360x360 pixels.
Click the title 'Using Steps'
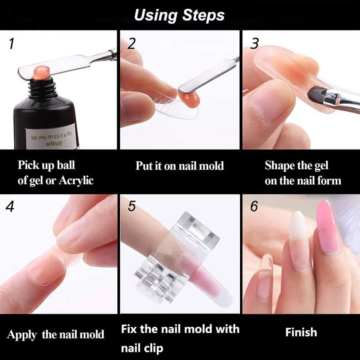click(179, 15)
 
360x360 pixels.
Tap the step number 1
click(11, 44)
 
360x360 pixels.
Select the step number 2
click(131, 43)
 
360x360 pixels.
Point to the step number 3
click(254, 44)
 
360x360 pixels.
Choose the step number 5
click(132, 207)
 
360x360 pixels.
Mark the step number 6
click(254, 207)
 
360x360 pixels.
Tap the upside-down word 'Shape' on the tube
click(49, 143)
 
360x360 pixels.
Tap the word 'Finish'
click(301, 332)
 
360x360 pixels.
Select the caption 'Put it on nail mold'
click(180, 166)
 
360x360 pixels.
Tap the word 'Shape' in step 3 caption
click(280, 166)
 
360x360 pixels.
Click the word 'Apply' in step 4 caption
click(22, 335)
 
